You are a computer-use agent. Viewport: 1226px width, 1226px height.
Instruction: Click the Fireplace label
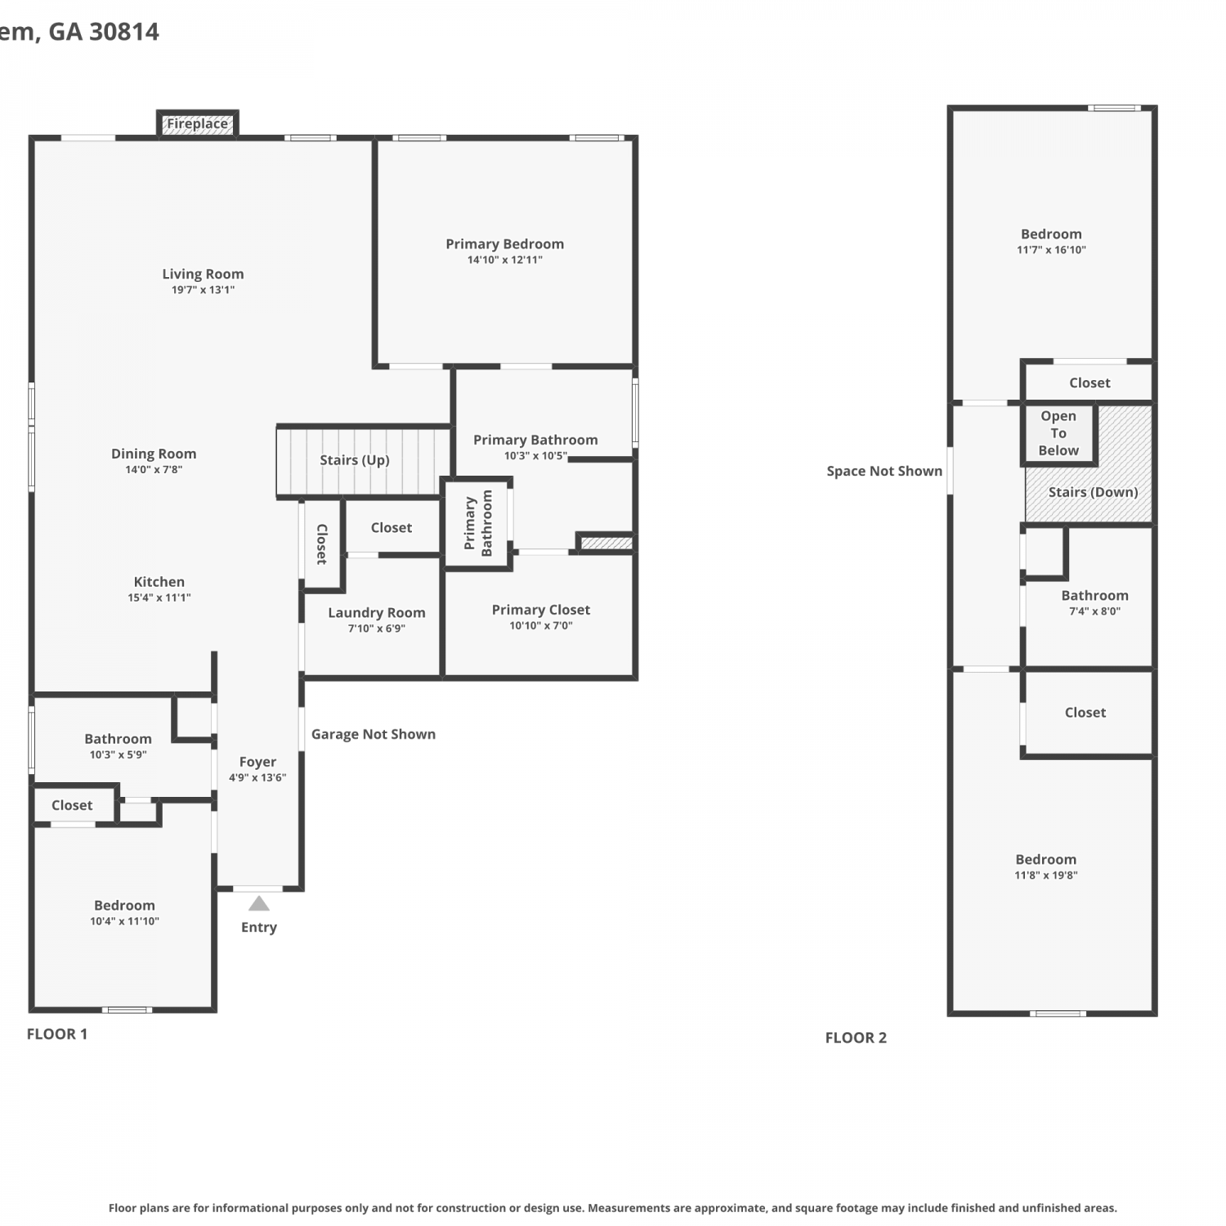pyautogui.click(x=198, y=124)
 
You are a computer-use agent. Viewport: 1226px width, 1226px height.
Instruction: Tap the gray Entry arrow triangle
pyautogui.click(x=259, y=904)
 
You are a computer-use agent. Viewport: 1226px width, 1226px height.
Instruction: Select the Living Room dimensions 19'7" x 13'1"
pyautogui.click(x=203, y=290)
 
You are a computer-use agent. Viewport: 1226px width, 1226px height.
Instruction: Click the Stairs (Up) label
pyautogui.click(x=355, y=460)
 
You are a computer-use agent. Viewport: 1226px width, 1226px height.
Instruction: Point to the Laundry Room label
pyautogui.click(x=377, y=613)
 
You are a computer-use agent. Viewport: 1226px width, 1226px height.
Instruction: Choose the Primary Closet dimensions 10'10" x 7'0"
pyautogui.click(x=541, y=626)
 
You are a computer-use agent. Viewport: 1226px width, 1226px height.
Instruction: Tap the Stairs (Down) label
pyautogui.click(x=1094, y=492)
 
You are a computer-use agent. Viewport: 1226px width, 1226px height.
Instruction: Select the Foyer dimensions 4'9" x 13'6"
pyautogui.click(x=257, y=778)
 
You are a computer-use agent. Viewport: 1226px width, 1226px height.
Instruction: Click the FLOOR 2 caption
pyautogui.click(x=856, y=1038)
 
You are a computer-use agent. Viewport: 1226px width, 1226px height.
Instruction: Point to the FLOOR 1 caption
pyautogui.click(x=57, y=1034)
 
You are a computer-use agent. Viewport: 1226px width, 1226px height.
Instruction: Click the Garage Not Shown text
pyautogui.click(x=374, y=734)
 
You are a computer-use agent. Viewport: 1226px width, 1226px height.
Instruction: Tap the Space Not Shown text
pyautogui.click(x=884, y=472)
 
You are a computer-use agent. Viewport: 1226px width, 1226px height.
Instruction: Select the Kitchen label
pyautogui.click(x=159, y=582)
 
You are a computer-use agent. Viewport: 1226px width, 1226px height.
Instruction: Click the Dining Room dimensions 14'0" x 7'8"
pyautogui.click(x=154, y=470)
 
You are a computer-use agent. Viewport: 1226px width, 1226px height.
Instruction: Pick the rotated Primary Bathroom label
pyautogui.click(x=479, y=523)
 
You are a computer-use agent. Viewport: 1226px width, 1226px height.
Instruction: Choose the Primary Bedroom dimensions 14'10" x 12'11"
pyautogui.click(x=505, y=260)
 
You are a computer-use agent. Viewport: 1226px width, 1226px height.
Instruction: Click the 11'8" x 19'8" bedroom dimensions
pyautogui.click(x=1046, y=875)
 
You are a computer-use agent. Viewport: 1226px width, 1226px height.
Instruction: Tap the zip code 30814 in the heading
pyautogui.click(x=124, y=32)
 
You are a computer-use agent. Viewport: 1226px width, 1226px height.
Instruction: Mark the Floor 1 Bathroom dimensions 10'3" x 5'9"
pyautogui.click(x=119, y=755)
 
